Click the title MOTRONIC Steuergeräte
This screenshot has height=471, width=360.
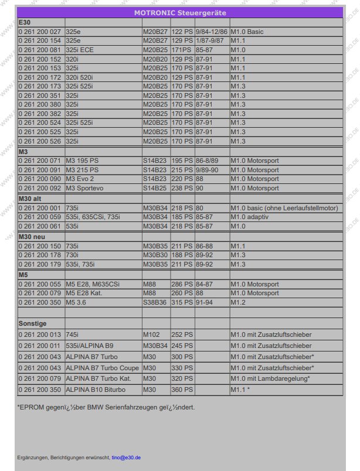point(180,12)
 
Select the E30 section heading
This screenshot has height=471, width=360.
point(25,22)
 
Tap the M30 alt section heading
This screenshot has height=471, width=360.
point(31,199)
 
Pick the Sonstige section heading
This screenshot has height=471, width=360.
point(33,323)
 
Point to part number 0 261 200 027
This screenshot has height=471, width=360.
point(40,31)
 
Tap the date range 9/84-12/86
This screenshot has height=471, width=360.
point(211,31)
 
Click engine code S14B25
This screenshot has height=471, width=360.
point(155,188)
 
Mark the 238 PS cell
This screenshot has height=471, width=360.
point(182,188)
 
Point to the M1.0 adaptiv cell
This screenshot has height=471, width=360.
point(252,217)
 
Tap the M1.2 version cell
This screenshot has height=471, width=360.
point(238,302)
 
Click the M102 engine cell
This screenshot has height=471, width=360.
point(151,335)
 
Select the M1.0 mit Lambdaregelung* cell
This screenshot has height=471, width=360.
point(270,378)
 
